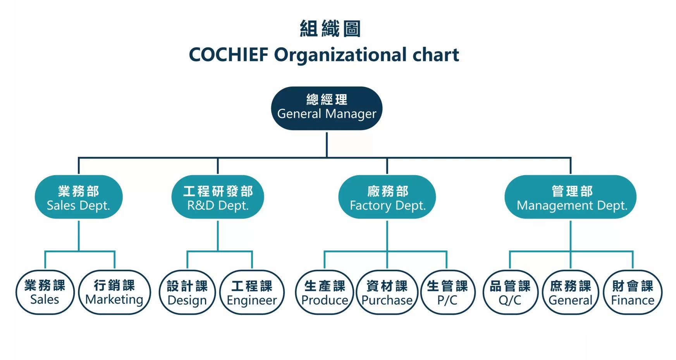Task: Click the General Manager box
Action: (327, 108)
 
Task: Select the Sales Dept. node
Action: (79, 197)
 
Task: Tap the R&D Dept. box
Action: (218, 197)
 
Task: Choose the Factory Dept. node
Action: (387, 197)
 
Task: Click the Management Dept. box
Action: (570, 197)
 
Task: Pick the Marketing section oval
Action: (114, 292)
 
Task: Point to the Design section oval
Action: (187, 293)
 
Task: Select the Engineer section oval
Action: (252, 293)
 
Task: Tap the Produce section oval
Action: (325, 293)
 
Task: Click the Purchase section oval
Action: (387, 293)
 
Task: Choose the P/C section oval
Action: (447, 293)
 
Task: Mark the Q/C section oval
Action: (510, 293)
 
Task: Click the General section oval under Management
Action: (570, 293)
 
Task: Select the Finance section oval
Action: (633, 293)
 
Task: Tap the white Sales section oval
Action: (45, 292)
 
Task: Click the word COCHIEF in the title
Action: (229, 55)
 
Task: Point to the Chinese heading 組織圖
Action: (330, 29)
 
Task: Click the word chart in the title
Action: (436, 55)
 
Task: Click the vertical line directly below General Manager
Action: (327, 144)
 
